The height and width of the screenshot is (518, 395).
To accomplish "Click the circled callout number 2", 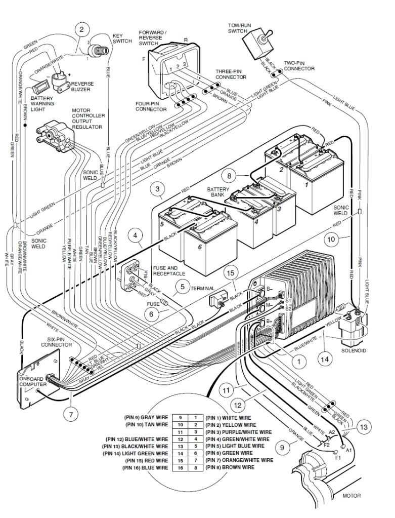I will pyautogui.click(x=81, y=29).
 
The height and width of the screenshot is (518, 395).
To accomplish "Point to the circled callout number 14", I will pyautogui.click(x=325, y=358).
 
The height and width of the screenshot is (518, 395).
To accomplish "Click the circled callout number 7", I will pyautogui.click(x=70, y=414).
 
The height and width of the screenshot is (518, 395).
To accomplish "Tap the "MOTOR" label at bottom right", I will pyautogui.click(x=352, y=495).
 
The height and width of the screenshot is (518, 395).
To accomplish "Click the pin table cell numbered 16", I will pyautogui.click(x=181, y=467).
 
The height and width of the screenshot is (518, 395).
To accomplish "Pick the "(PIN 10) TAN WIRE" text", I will pyautogui.click(x=147, y=424).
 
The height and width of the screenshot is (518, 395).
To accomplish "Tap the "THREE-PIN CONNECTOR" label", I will pyautogui.click(x=231, y=74).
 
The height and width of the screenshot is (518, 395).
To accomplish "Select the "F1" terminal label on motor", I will pyautogui.click(x=338, y=457).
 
